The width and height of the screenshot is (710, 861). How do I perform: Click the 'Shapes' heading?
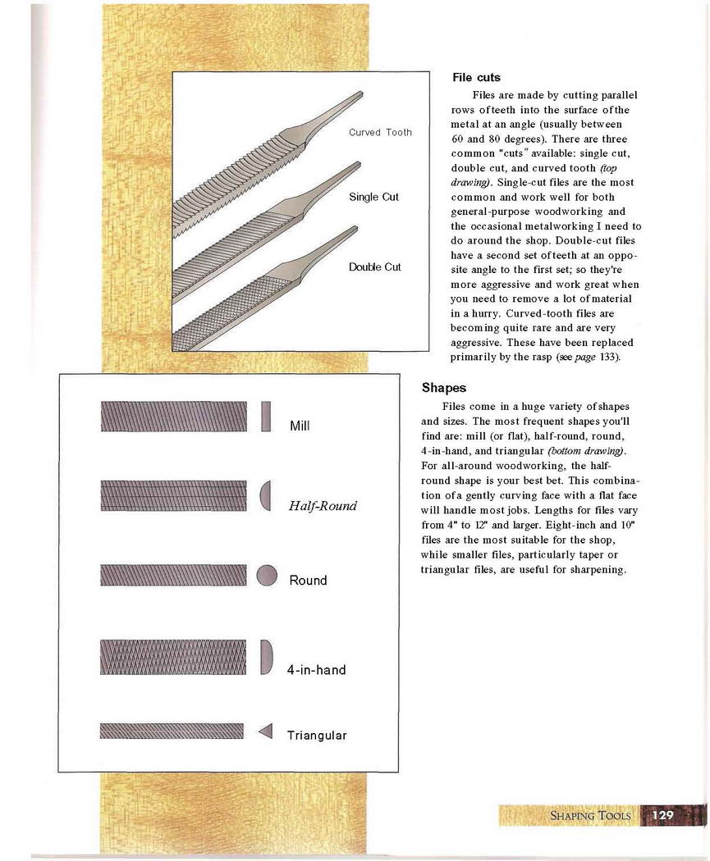point(444,388)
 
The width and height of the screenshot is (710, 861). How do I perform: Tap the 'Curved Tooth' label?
point(380,132)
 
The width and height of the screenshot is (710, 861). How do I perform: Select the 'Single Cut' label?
point(374,197)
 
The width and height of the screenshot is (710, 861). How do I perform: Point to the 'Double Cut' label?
point(375,267)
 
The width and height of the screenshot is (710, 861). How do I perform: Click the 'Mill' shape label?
point(299,426)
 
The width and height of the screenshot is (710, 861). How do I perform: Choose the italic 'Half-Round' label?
point(323,506)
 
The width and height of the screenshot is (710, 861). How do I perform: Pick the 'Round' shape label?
point(308,581)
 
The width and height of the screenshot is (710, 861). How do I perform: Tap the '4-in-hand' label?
point(316,670)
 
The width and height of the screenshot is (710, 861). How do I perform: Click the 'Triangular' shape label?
point(317,736)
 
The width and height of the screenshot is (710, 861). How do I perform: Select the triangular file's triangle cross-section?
point(265,731)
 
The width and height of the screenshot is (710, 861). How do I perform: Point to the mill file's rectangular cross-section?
point(266,416)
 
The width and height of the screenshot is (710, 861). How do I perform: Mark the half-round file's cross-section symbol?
point(265,495)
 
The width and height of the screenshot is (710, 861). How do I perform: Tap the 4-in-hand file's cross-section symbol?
point(266,657)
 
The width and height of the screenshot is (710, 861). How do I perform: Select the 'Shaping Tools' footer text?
point(590,816)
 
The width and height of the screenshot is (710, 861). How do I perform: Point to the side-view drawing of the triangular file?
point(172,731)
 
